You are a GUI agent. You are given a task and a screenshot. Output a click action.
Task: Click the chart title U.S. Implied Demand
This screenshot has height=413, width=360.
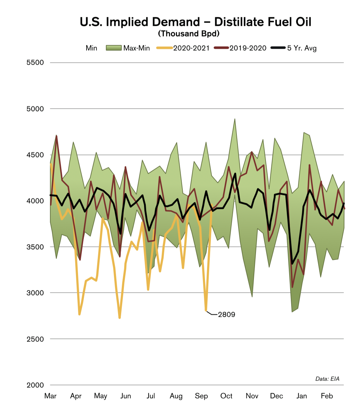195,22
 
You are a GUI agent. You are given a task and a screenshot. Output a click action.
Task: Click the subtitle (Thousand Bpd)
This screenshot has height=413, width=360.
189,34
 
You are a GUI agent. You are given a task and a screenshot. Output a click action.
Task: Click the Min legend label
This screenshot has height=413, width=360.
91,48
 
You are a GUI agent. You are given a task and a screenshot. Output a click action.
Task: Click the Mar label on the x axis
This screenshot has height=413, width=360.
51,396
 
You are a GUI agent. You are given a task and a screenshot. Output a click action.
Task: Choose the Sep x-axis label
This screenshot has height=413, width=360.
201,396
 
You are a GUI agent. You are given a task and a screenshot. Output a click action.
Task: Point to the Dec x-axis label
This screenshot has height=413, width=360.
277,396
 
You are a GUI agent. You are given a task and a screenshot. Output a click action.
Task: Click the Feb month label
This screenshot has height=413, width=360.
326,396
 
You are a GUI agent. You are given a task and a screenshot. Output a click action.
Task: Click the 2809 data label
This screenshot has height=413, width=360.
227,314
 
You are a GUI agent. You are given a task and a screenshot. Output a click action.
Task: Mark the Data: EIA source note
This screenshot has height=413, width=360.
327,379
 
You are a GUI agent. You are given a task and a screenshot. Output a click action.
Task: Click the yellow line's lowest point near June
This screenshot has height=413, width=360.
119,317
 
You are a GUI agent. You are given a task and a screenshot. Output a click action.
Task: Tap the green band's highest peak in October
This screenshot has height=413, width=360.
234,119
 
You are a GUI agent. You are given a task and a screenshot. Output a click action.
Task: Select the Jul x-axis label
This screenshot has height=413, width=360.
151,396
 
